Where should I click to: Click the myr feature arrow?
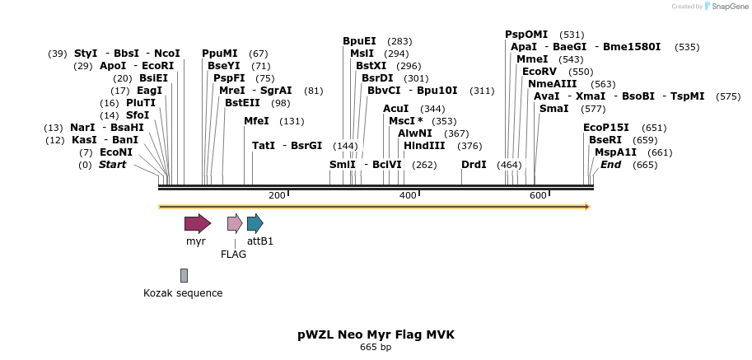pyautogui.click(x=197, y=223)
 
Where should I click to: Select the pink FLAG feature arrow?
pyautogui.click(x=235, y=223)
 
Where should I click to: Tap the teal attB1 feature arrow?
pyautogui.click(x=255, y=223)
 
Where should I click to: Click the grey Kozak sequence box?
pyautogui.click(x=184, y=275)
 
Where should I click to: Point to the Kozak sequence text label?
pyautogui.click(x=183, y=292)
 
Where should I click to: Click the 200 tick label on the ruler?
pyautogui.click(x=277, y=195)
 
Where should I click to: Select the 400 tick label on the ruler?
pyautogui.click(x=408, y=195)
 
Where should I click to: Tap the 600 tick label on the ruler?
pyautogui.click(x=538, y=195)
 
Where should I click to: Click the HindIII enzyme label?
pyautogui.click(x=424, y=146)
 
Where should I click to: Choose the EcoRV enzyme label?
pyautogui.click(x=539, y=72)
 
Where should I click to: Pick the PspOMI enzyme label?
pyautogui.click(x=526, y=35)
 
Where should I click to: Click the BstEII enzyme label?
pyautogui.click(x=246, y=103)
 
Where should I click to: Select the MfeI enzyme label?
pyautogui.click(x=256, y=121)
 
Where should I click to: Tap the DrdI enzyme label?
pyautogui.click(x=474, y=165)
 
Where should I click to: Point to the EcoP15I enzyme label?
pyautogui.click(x=605, y=128)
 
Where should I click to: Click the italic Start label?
pyautogui.click(x=113, y=165)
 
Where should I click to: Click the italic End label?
pyautogui.click(x=610, y=165)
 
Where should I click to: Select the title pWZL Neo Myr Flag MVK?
pyautogui.click(x=376, y=335)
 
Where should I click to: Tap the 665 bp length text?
pyautogui.click(x=376, y=348)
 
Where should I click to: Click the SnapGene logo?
pyautogui.click(x=725, y=7)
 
